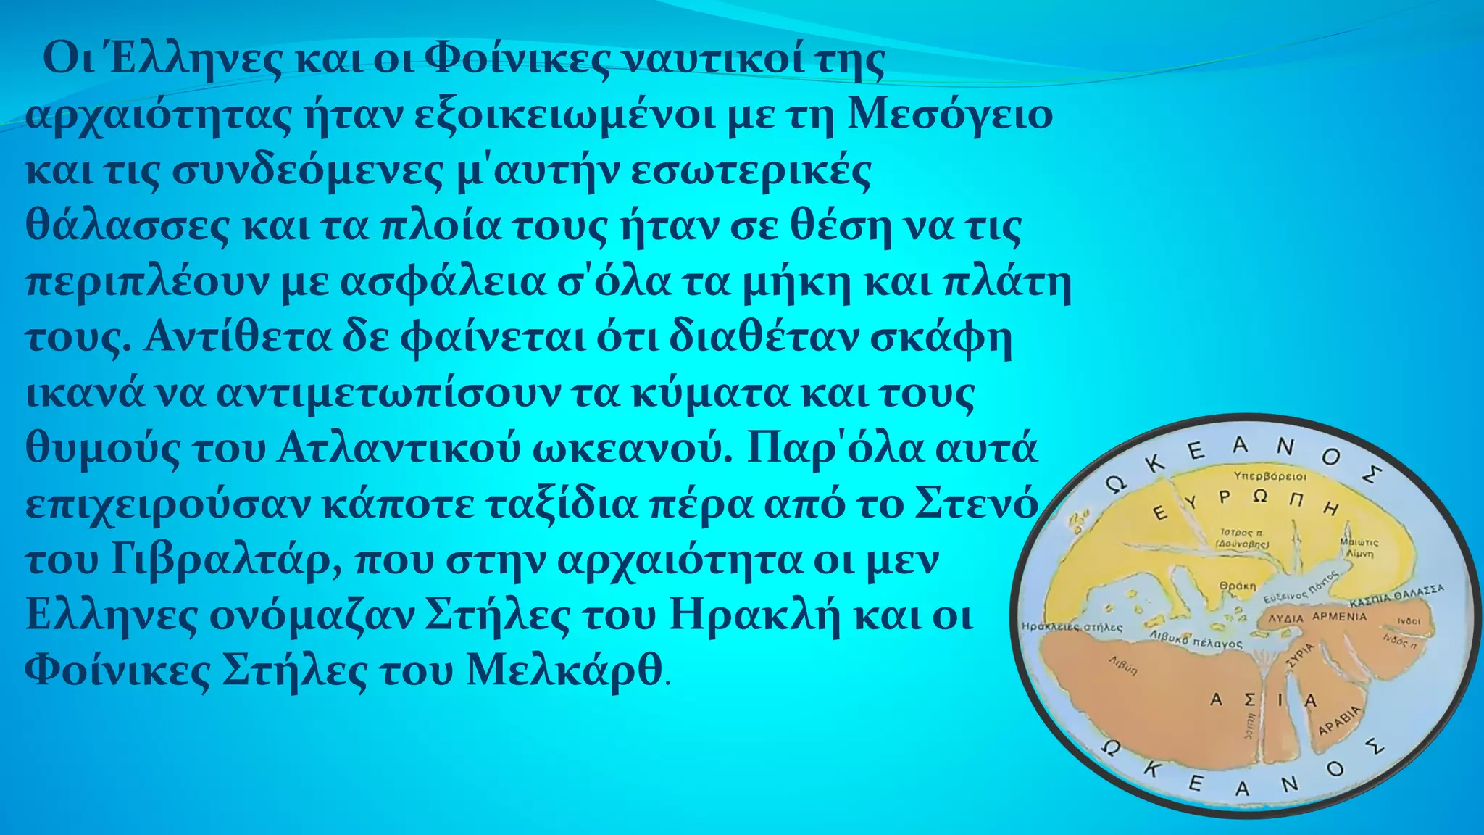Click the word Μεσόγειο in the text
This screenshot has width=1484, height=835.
point(950,115)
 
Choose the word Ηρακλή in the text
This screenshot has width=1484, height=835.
point(755,615)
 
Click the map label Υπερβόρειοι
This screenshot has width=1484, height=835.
point(1270,476)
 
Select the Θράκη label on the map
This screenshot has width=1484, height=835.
point(1237,586)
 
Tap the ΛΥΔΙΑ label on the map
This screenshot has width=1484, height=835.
point(1285,619)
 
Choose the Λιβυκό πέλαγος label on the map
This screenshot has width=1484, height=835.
point(1196,639)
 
